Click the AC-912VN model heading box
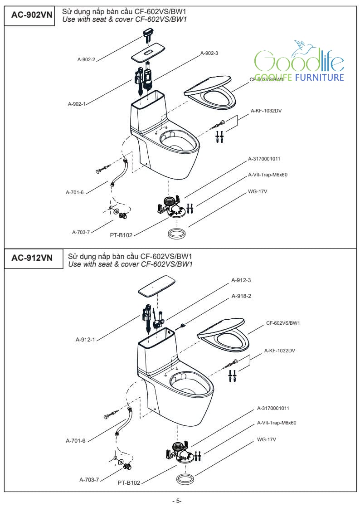click(x=32, y=258)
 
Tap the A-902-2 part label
click(x=86, y=59)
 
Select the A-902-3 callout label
click(x=209, y=53)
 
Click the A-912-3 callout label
click(x=241, y=280)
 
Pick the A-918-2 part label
click(x=241, y=296)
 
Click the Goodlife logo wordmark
click(x=299, y=61)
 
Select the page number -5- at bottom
click(x=177, y=501)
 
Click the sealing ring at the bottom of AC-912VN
click(x=185, y=479)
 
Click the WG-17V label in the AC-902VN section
click(x=258, y=191)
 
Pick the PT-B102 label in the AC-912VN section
click(x=129, y=483)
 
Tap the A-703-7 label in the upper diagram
click(x=81, y=232)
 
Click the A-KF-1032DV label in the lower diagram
click(x=280, y=351)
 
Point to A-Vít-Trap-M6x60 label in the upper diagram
click(x=268, y=175)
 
